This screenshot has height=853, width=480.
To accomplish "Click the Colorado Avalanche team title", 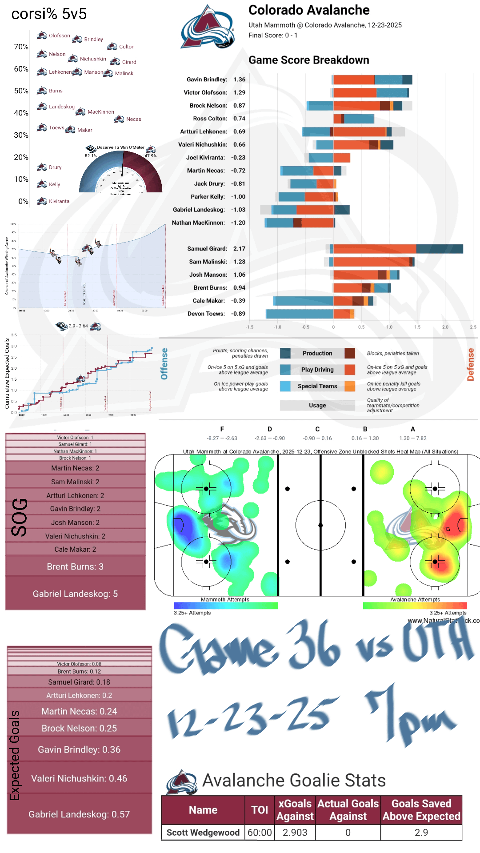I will (x=309, y=10).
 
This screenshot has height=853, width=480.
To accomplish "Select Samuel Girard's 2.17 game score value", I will (x=239, y=249).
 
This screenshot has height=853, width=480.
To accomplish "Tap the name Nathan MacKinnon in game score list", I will (x=198, y=223).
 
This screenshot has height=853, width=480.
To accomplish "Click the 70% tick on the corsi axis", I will (x=21, y=47).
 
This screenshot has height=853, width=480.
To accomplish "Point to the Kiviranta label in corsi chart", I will (x=59, y=201).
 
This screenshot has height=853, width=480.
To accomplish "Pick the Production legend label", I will (x=317, y=353).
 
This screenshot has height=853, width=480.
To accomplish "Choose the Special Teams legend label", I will (x=317, y=386).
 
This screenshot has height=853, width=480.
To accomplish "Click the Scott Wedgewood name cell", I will (x=203, y=833).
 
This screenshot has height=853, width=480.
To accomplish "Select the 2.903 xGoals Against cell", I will (x=295, y=833).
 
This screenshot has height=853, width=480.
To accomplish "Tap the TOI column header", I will (x=260, y=810).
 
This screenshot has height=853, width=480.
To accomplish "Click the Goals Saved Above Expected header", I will (x=421, y=810).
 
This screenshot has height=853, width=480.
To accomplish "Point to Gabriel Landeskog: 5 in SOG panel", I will (x=75, y=594).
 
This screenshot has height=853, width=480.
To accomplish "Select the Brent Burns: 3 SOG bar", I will (x=75, y=566).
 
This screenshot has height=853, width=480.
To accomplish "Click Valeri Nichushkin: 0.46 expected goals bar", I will (x=79, y=778).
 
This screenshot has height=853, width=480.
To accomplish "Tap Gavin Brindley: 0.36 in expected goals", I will (x=79, y=749).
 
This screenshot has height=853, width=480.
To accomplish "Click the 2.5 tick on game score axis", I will (x=473, y=327).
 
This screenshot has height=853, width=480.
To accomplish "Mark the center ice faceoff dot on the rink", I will (x=320, y=525).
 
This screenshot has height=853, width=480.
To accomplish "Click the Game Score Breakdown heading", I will (x=308, y=60).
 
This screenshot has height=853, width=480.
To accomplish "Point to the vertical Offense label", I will (x=164, y=364).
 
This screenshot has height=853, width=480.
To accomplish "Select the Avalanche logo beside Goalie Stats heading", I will (x=181, y=782).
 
